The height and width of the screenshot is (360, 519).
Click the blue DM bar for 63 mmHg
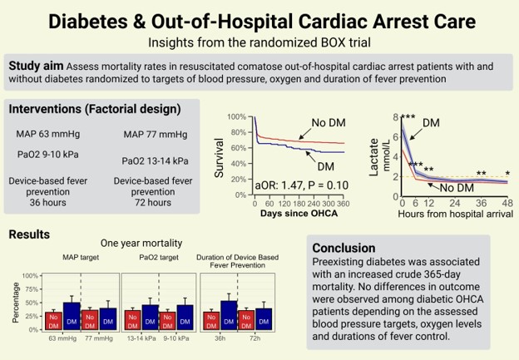point(72,316)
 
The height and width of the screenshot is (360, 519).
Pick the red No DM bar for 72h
point(246,320)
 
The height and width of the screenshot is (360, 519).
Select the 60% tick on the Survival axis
point(238,148)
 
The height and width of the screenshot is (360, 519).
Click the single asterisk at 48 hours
point(507,173)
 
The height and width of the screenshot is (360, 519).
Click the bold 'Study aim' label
point(34,66)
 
